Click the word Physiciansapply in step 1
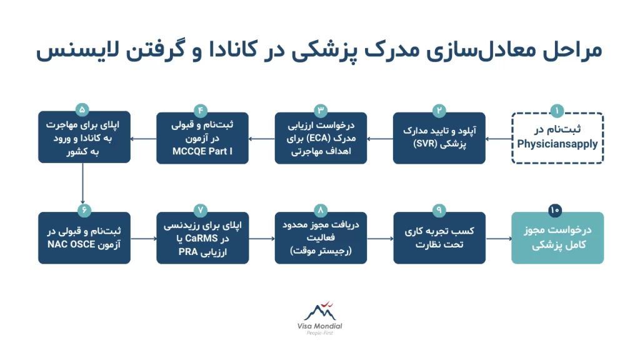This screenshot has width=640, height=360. coord(557,144)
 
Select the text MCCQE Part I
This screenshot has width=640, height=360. coord(202,151)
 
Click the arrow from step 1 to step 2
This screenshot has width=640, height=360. coord(498,138)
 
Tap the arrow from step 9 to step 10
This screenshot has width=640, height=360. coord(498,238)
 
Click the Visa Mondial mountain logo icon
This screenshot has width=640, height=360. coord(319,311)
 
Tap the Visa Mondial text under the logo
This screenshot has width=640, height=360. coord(319,326)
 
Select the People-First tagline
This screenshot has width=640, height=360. coord(319,334)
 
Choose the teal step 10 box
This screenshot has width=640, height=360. coord(557,238)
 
